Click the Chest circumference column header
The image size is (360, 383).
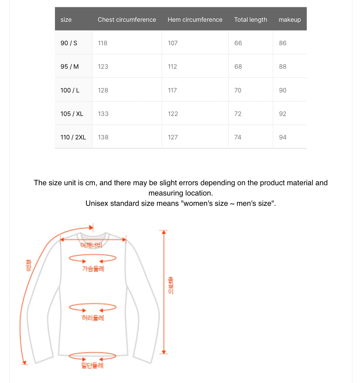click(x=127, y=19)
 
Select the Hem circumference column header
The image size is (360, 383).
click(x=195, y=19)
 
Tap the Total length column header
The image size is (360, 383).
click(x=250, y=19)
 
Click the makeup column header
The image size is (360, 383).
click(x=290, y=19)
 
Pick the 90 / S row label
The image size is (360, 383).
click(x=69, y=43)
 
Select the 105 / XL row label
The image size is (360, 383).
click(x=72, y=114)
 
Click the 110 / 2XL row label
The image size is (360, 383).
click(x=73, y=137)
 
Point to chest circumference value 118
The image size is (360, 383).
click(x=102, y=43)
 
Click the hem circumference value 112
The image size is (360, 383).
click(x=172, y=66)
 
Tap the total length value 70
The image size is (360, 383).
click(x=238, y=90)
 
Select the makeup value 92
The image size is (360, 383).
click(x=283, y=114)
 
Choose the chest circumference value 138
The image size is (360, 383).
click(x=103, y=137)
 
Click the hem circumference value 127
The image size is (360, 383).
click(x=173, y=137)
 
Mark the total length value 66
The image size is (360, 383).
click(x=238, y=43)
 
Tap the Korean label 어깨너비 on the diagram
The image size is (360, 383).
click(x=91, y=245)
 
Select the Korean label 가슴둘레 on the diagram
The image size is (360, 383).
click(x=93, y=269)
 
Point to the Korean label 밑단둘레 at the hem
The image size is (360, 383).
click(x=92, y=365)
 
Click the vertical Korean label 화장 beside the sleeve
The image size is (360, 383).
click(x=29, y=265)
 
